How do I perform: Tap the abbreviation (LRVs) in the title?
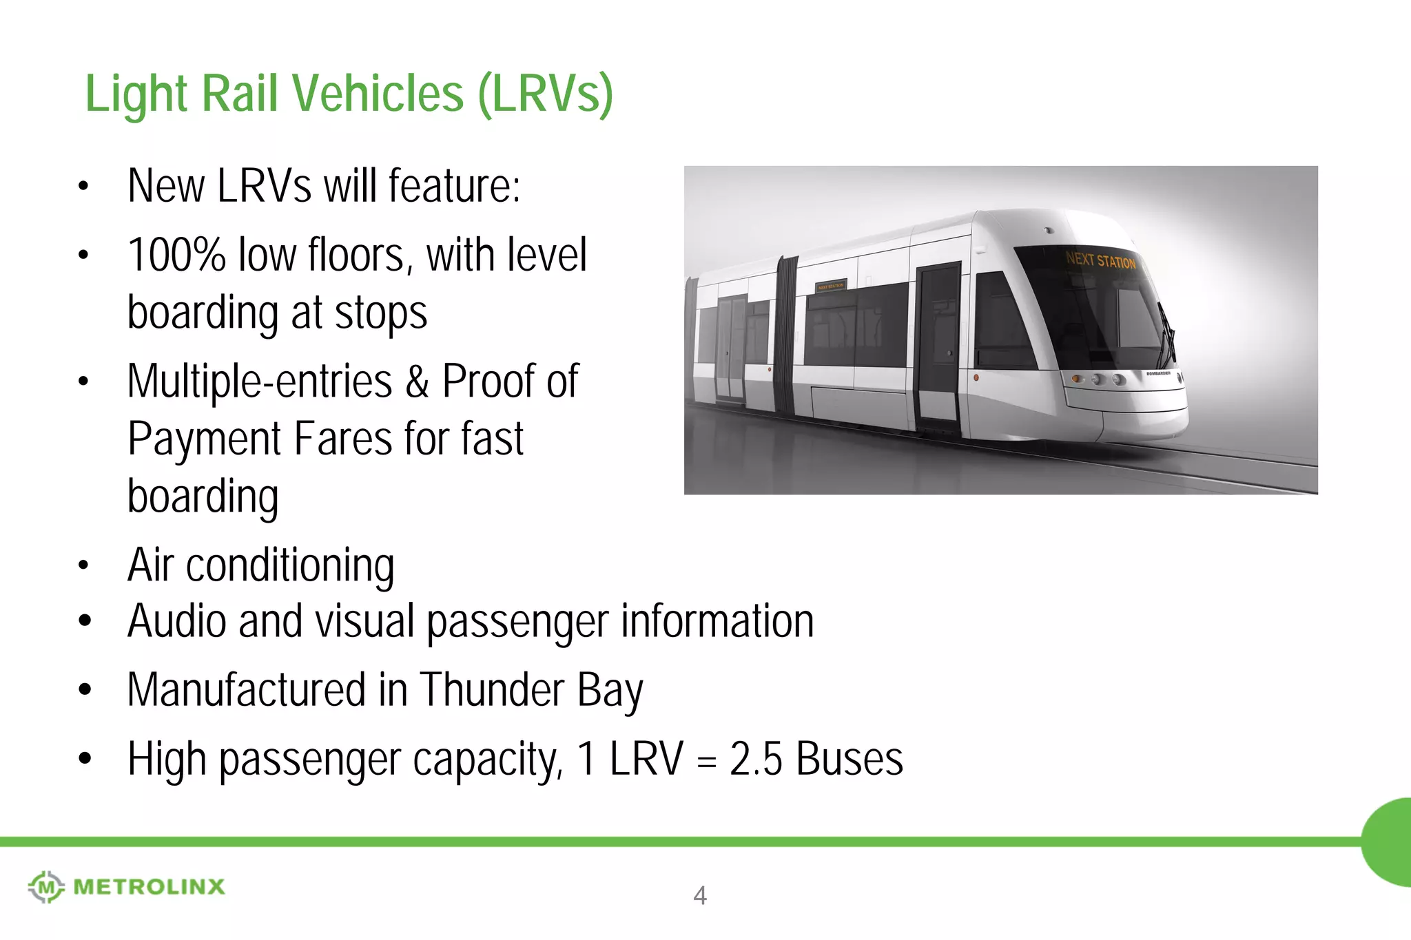pyautogui.click(x=545, y=94)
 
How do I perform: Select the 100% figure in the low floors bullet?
pyautogui.click(x=176, y=255)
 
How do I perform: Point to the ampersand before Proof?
pyautogui.click(x=417, y=382)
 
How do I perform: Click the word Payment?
pyautogui.click(x=205, y=439)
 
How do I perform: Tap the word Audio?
pyautogui.click(x=177, y=620)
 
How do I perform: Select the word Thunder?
pyautogui.click(x=492, y=690)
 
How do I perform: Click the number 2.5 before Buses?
pyautogui.click(x=756, y=760)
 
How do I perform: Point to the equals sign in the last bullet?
pyautogui.click(x=707, y=761)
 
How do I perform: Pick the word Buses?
pyautogui.click(x=849, y=760)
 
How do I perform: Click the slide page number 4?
pyautogui.click(x=700, y=895)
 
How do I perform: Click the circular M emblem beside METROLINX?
pyautogui.click(x=46, y=886)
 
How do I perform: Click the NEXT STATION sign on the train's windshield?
pyautogui.click(x=1100, y=260)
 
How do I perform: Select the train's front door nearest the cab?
pyautogui.click(x=938, y=344)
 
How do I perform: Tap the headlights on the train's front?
pyautogui.click(x=1100, y=379)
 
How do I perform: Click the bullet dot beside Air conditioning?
pyautogui.click(x=84, y=566)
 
